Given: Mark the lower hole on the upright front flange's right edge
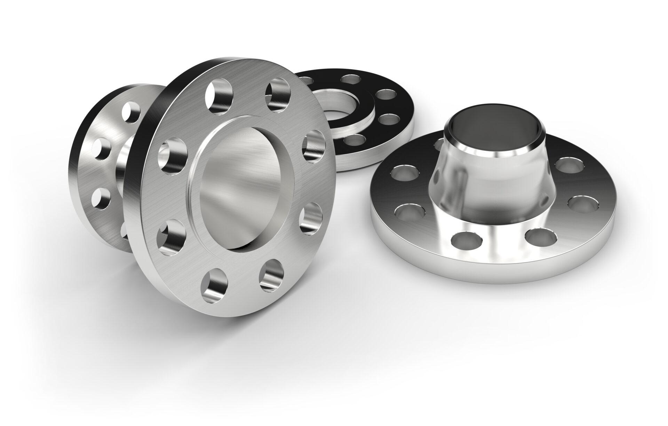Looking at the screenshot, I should click(x=311, y=218).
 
